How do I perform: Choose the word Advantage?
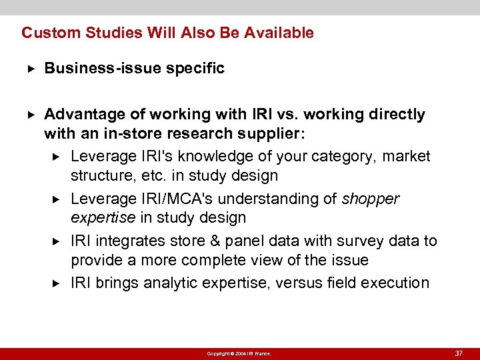tap(79, 115)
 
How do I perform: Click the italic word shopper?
tap(371, 199)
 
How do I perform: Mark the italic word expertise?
tap(101, 218)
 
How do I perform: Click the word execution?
tap(395, 283)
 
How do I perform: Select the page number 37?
tap(459, 353)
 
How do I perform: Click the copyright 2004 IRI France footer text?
tap(239, 353)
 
